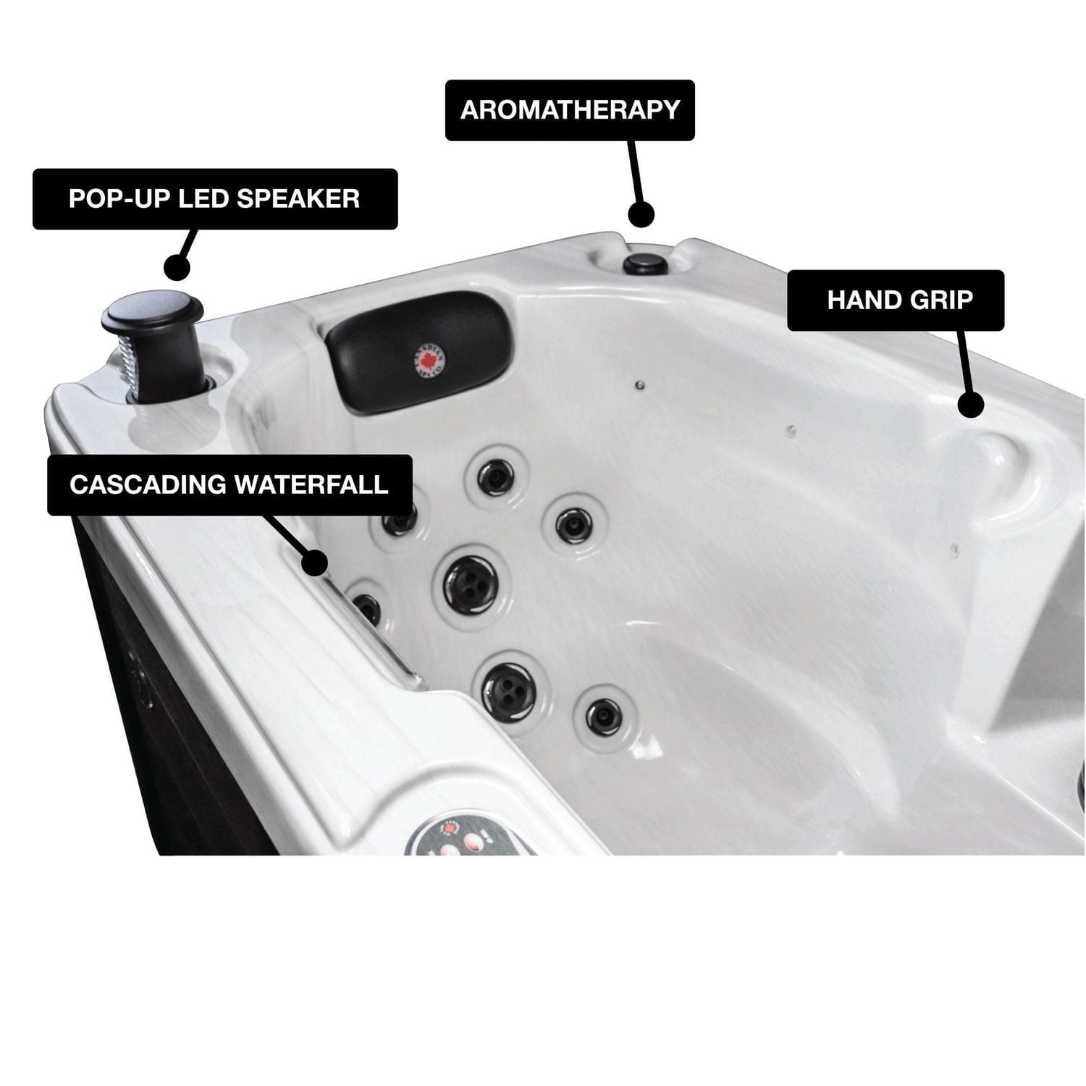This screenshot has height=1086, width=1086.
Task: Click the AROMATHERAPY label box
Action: click(570, 110)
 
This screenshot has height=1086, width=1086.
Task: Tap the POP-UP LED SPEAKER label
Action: click(214, 199)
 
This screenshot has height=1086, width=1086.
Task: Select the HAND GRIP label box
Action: click(896, 300)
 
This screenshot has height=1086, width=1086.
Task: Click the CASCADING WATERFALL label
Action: click(230, 485)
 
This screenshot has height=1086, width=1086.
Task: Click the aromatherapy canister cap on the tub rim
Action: click(641, 262)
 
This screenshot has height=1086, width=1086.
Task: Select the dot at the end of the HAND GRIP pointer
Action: click(971, 405)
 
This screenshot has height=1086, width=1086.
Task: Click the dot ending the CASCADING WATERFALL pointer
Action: click(316, 563)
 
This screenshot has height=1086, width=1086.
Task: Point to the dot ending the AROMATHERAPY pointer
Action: click(641, 214)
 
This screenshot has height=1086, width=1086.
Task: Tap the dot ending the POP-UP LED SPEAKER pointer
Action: click(177, 267)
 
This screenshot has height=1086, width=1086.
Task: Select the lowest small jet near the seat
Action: click(603, 714)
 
